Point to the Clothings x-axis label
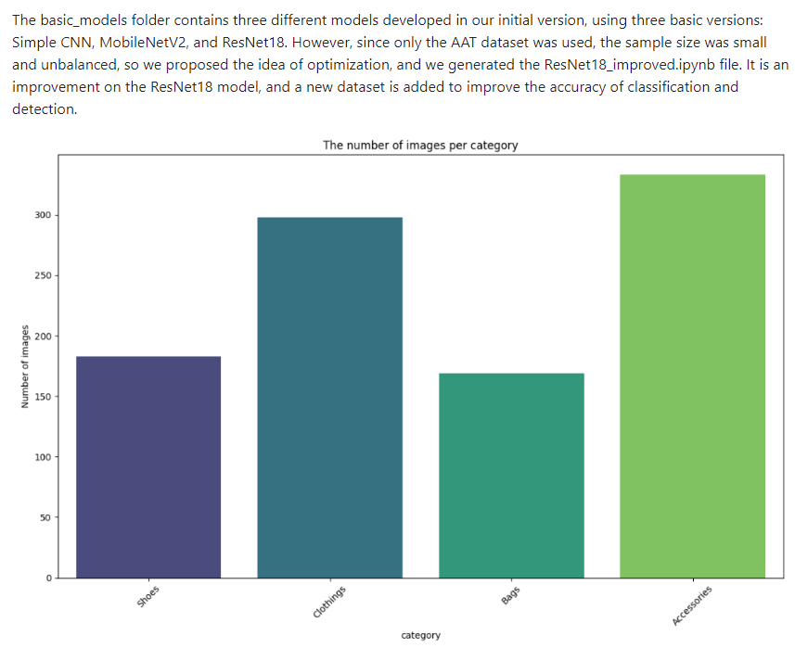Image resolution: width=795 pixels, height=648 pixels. point(330,602)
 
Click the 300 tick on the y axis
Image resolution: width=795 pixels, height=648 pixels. point(43,215)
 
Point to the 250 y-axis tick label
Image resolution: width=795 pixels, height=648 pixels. point(43,275)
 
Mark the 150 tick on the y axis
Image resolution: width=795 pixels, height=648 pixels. point(43,397)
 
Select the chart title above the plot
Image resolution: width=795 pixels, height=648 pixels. point(420,145)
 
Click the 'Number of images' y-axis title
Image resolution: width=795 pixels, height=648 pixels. point(25,366)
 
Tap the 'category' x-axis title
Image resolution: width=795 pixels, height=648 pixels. point(420,635)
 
